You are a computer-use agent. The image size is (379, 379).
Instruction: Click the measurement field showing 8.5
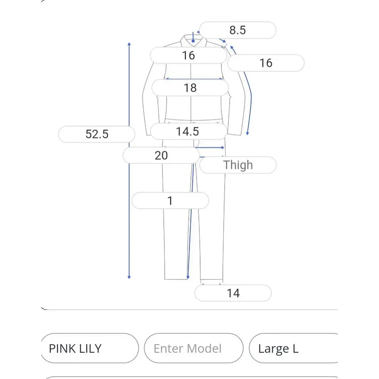click(x=238, y=30)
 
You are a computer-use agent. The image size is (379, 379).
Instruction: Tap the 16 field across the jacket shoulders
click(x=188, y=55)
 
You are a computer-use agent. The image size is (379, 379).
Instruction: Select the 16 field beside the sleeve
click(x=266, y=63)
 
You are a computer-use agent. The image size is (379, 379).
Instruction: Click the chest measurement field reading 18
click(x=190, y=88)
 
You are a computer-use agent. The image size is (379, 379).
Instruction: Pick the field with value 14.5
click(x=188, y=132)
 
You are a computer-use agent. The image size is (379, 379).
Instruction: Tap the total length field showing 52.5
click(x=97, y=134)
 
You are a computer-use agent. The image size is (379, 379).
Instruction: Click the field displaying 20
click(x=161, y=155)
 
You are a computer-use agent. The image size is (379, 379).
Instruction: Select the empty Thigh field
click(x=238, y=165)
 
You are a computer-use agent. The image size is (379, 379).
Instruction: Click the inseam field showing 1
click(x=170, y=200)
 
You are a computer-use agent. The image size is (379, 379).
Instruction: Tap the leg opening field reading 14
click(x=233, y=293)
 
